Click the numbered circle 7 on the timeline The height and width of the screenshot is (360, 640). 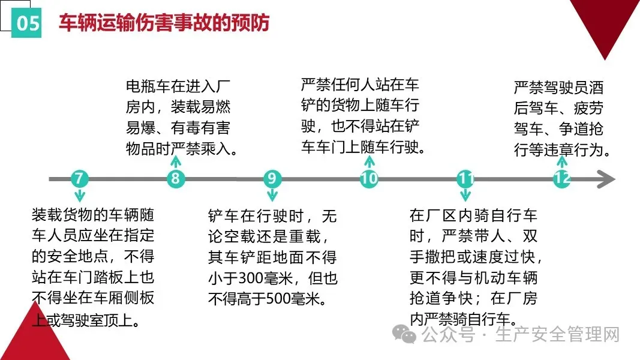80,179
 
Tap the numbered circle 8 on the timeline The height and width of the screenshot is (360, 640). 175,179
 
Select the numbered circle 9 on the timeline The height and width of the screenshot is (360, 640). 272,179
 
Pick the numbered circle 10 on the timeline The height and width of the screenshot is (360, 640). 369,179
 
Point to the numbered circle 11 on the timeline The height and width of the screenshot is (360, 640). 465,179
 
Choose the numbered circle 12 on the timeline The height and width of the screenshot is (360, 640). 561,179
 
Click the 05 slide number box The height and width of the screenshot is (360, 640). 27,23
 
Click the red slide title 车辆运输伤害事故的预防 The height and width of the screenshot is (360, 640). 164,22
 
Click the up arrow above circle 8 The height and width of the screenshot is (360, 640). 175,161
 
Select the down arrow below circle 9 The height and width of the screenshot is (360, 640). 272,195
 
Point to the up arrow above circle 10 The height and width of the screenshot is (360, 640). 369,161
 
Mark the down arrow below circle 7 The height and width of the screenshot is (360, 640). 80,196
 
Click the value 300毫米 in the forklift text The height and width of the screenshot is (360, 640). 259,278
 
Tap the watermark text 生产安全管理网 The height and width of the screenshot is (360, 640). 557,334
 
